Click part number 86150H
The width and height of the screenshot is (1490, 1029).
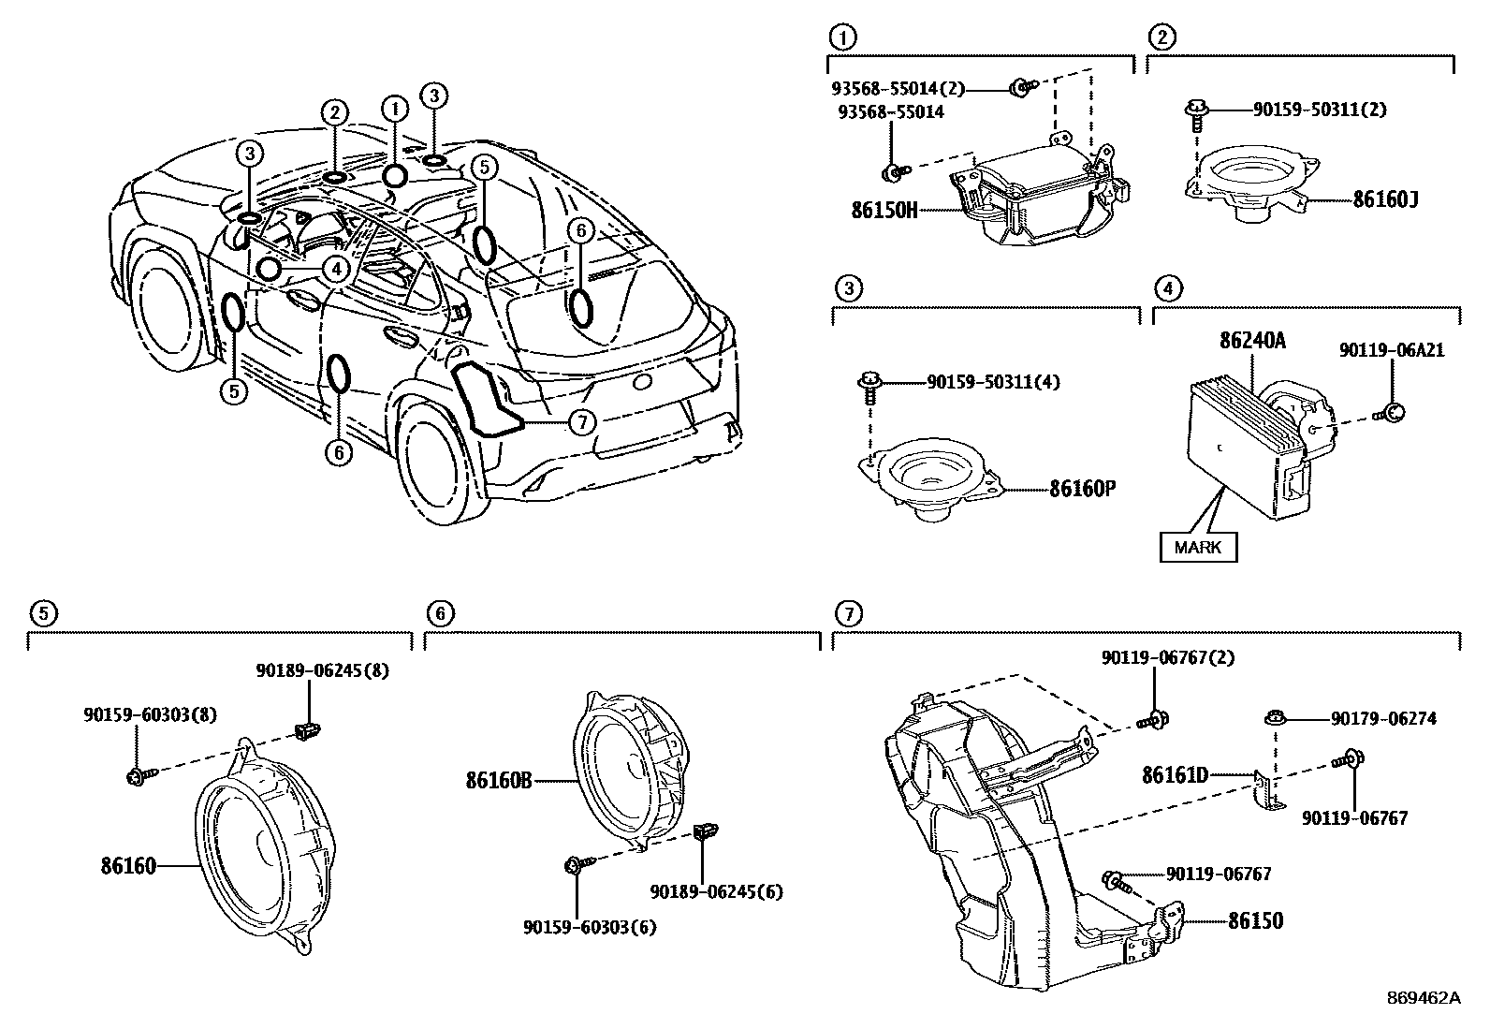click(x=884, y=210)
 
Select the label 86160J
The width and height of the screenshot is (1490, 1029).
click(x=1384, y=199)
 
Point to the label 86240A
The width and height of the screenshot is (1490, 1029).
click(x=1252, y=341)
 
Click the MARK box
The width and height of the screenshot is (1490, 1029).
click(x=1198, y=547)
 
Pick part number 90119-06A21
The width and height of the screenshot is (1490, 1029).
click(x=1391, y=350)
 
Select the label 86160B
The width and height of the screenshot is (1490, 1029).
click(x=499, y=779)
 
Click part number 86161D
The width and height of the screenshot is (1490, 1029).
click(x=1175, y=774)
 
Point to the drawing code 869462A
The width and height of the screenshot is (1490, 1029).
click(x=1423, y=998)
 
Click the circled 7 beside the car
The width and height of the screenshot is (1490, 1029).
click(x=582, y=422)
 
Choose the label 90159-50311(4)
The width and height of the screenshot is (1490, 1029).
click(x=993, y=382)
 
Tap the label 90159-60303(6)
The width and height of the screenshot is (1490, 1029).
click(x=590, y=927)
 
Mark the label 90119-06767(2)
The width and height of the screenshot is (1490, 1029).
click(x=1167, y=657)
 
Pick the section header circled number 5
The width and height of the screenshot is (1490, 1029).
click(x=42, y=613)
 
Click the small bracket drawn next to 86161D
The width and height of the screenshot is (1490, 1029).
click(x=1265, y=791)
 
